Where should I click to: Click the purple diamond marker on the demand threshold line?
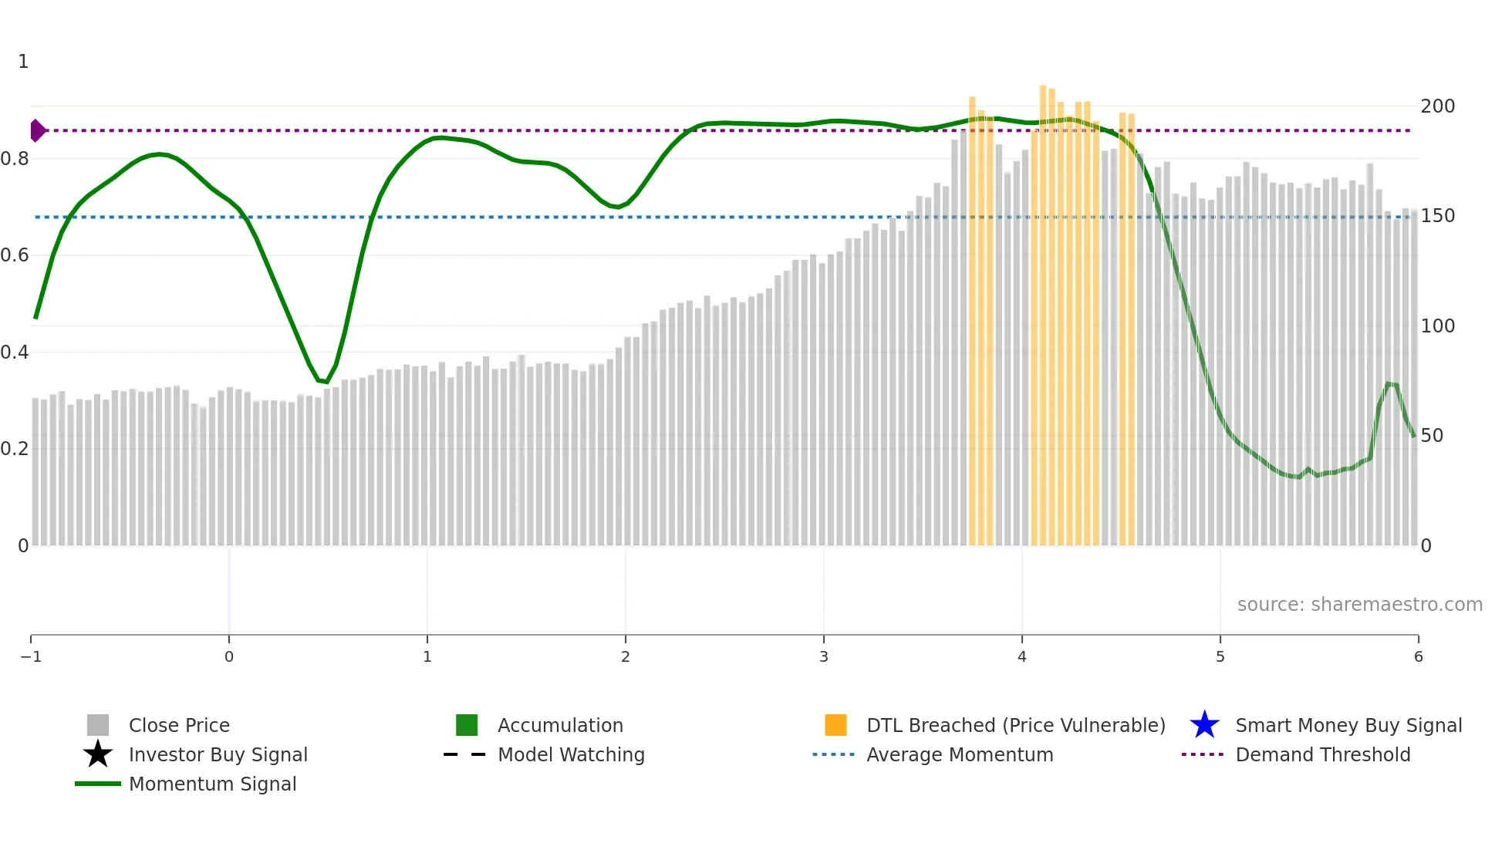(x=37, y=130)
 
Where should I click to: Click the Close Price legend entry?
(x=178, y=725)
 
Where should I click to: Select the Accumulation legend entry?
(x=559, y=725)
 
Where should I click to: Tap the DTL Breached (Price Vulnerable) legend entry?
(x=1015, y=725)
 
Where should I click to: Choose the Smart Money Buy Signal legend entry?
(x=1348, y=725)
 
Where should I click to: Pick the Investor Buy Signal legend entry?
(x=218, y=754)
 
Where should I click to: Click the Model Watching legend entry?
(x=570, y=754)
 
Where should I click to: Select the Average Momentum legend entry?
(x=959, y=754)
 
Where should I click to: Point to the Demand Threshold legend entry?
(x=1322, y=754)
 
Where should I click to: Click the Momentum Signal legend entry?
(x=212, y=784)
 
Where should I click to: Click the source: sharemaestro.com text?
(x=1359, y=604)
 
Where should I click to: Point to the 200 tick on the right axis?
(x=1437, y=106)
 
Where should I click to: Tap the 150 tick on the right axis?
(x=1437, y=216)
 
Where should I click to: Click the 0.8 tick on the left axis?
(x=15, y=159)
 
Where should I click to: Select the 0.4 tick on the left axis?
(x=15, y=352)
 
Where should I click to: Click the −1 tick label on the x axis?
(x=31, y=656)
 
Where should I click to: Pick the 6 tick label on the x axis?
(x=1418, y=656)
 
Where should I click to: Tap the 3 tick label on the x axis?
(x=823, y=656)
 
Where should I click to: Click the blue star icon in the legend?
(x=1204, y=725)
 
